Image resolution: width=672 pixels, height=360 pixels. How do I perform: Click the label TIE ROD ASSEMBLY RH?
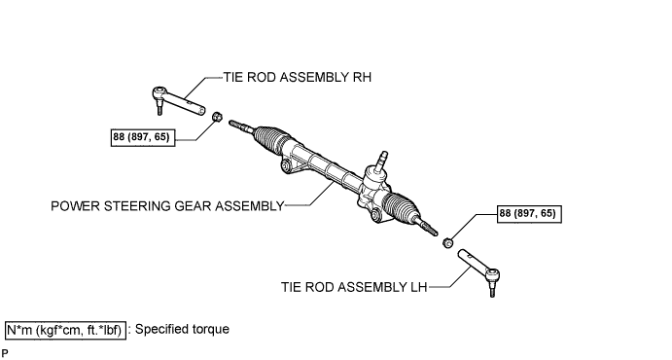[x=297, y=77]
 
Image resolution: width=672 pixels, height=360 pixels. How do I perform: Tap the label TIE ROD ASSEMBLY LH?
[x=354, y=287]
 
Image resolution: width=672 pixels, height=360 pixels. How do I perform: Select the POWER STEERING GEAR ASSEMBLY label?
[x=167, y=206]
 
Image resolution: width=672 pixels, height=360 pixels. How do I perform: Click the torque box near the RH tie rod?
[x=143, y=137]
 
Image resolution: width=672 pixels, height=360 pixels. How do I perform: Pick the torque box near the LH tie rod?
[x=529, y=214]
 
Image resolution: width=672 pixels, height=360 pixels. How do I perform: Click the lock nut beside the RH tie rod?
[x=217, y=116]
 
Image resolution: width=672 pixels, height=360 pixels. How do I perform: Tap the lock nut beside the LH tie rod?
[x=447, y=243]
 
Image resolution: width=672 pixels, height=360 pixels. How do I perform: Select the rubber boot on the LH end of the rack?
[x=402, y=208]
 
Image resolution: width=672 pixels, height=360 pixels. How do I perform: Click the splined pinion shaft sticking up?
[x=380, y=161]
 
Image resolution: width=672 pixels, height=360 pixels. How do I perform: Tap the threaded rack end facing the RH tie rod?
[x=241, y=126]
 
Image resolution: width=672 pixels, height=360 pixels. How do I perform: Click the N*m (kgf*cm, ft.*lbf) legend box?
[x=65, y=330]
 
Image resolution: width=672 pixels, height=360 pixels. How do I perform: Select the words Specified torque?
[x=182, y=329]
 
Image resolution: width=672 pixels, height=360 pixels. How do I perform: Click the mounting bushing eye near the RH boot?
[x=286, y=165]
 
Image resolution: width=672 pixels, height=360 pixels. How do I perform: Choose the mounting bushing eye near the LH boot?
[x=375, y=215]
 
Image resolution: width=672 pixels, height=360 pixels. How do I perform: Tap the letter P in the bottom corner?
[x=5, y=353]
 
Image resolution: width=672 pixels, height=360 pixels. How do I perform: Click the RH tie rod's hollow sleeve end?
[x=199, y=111]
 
